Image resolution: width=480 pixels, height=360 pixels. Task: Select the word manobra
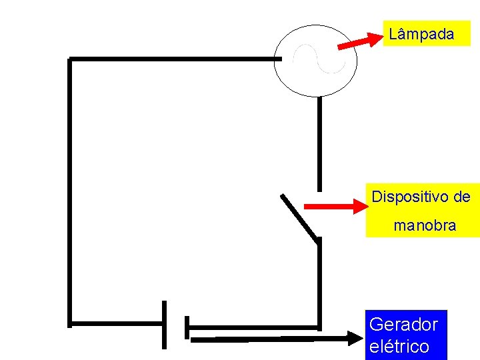pos(425,225)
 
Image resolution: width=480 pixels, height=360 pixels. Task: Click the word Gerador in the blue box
pos(403,325)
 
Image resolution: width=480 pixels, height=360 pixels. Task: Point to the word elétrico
pos(398,347)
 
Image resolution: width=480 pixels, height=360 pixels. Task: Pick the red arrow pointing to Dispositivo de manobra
pos(336,207)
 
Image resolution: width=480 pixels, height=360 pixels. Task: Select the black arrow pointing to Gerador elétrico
pos(280,339)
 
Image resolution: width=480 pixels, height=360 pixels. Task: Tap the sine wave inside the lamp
pos(319,59)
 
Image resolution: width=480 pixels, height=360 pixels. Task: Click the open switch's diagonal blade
pos(298,216)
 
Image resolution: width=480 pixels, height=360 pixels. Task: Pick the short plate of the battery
pos(187,327)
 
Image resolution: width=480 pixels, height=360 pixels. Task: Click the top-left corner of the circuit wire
pos(69,60)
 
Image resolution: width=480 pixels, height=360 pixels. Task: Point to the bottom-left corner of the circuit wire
pos(69,324)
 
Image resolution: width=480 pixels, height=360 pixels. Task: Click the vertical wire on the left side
pos(69,193)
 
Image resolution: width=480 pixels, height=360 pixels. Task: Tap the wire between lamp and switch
pos(319,143)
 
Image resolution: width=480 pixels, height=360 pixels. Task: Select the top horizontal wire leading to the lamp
pos(173,59)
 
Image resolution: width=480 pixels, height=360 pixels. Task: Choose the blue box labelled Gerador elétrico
pos(407,335)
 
